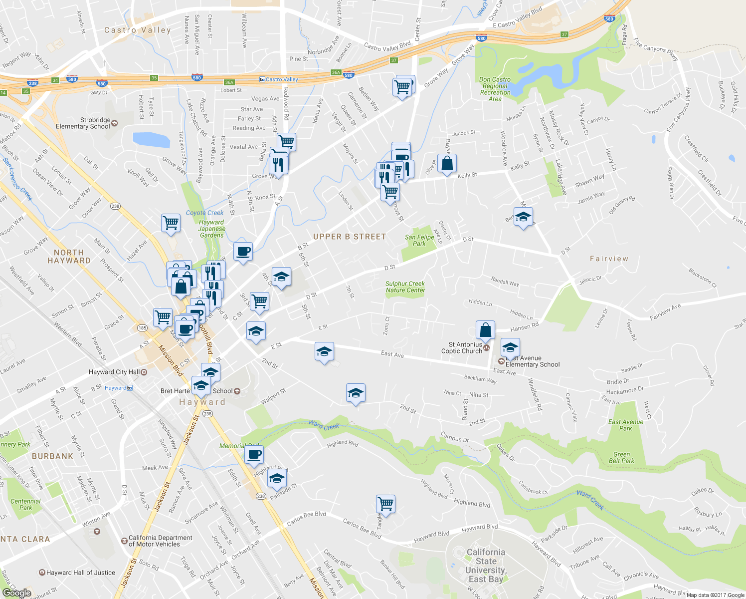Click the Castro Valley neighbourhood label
(x=137, y=30)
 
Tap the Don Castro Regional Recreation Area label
(x=495, y=89)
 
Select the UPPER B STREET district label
(x=349, y=237)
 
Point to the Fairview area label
(x=609, y=259)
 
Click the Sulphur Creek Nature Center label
(x=405, y=287)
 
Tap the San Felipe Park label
(x=419, y=241)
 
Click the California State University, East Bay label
(x=485, y=566)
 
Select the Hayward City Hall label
(x=114, y=372)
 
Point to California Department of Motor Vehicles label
(x=160, y=541)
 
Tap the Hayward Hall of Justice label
(x=80, y=573)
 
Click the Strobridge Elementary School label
(x=83, y=123)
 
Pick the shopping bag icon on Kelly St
(x=447, y=163)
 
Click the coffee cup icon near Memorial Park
(x=254, y=455)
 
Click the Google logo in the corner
(x=16, y=593)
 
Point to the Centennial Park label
(x=25, y=505)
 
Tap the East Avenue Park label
(x=625, y=425)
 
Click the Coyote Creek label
(x=204, y=213)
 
